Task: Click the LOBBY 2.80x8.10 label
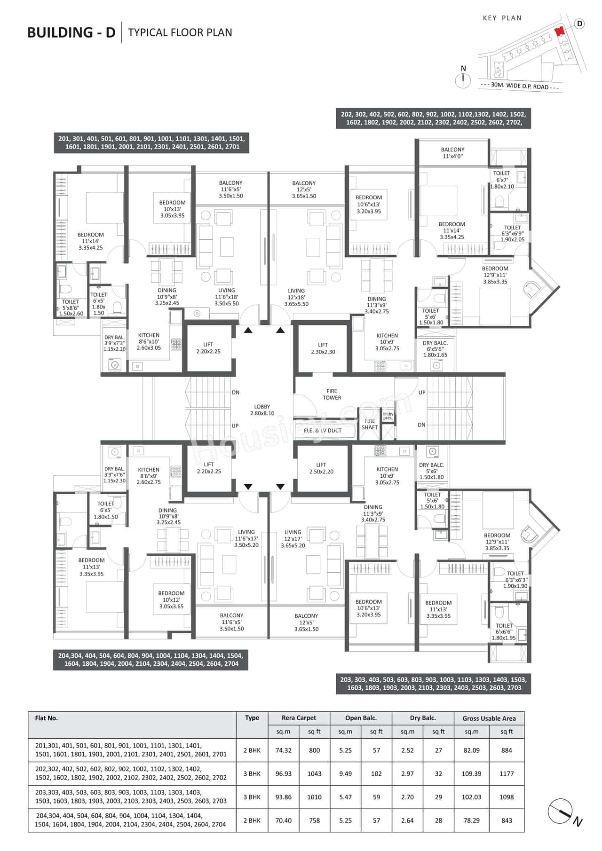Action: click(x=262, y=410)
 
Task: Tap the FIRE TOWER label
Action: click(x=332, y=394)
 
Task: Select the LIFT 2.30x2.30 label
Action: click(x=323, y=348)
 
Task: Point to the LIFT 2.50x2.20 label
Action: click(x=321, y=468)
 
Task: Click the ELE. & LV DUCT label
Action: click(x=323, y=430)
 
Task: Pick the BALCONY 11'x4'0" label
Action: click(x=452, y=153)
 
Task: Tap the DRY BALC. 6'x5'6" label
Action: click(x=435, y=349)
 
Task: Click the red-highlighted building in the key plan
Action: click(x=559, y=32)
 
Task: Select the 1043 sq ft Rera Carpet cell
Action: click(x=314, y=773)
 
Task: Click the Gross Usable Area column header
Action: click(x=489, y=718)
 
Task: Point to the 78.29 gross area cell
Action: click(x=471, y=820)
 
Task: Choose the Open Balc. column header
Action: click(x=361, y=718)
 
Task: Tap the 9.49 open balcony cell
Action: click(x=345, y=773)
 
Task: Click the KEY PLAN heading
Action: click(x=502, y=18)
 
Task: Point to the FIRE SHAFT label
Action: click(x=370, y=424)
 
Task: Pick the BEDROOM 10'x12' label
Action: click(x=171, y=600)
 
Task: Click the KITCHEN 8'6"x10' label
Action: click(x=149, y=341)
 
